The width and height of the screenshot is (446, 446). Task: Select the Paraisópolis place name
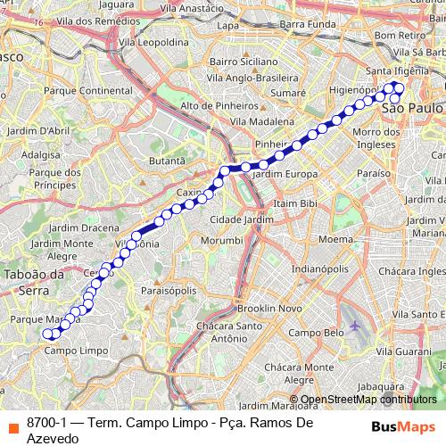pyautogui.click(x=167, y=290)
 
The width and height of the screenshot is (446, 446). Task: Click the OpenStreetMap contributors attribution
pyautogui.click(x=368, y=400)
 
